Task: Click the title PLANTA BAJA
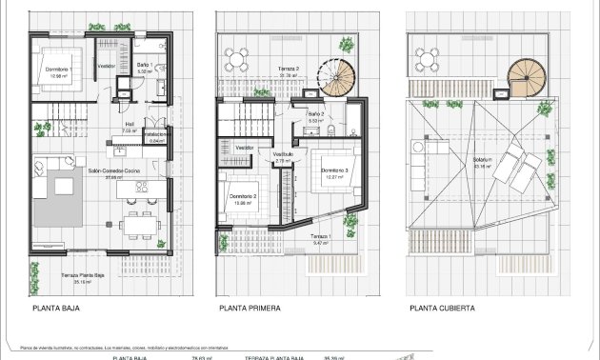tap(55, 308)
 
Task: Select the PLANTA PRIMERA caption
tap(250, 308)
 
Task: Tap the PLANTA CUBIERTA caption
tap(443, 308)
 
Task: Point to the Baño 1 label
tap(143, 67)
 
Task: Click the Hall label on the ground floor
tap(130, 125)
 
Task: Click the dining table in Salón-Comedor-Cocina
tap(139, 225)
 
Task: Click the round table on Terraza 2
tap(237, 54)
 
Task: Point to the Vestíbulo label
tap(283, 155)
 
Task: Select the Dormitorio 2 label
tap(243, 198)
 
